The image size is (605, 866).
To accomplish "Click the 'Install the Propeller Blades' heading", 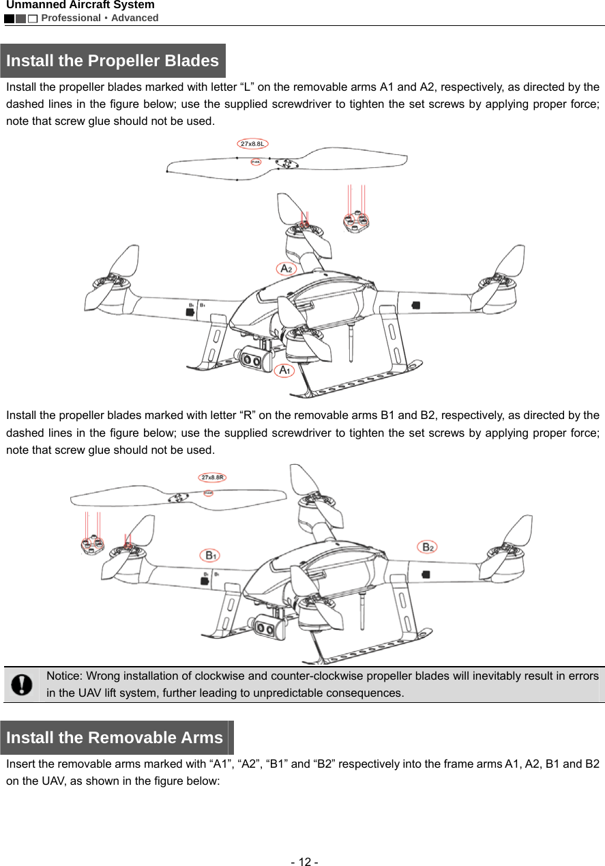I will click(x=113, y=61).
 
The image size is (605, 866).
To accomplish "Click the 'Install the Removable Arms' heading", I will click(x=115, y=738).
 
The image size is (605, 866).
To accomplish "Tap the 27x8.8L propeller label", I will click(x=254, y=144).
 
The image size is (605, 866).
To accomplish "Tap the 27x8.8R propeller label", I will click(x=212, y=478).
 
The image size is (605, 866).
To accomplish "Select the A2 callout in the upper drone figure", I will click(x=286, y=269).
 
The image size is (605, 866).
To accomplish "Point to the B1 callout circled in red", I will click(x=209, y=555).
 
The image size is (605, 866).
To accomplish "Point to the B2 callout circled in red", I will click(x=427, y=547).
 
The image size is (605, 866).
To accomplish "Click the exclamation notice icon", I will click(x=22, y=684).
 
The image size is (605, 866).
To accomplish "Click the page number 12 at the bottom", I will click(x=302, y=861).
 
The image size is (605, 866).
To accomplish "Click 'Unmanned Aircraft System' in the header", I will click(x=80, y=5).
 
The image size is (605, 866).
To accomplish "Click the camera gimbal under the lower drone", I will click(x=269, y=626).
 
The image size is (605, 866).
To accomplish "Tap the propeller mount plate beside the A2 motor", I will click(x=356, y=222).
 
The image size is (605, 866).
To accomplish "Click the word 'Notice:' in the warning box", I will click(x=64, y=676).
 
